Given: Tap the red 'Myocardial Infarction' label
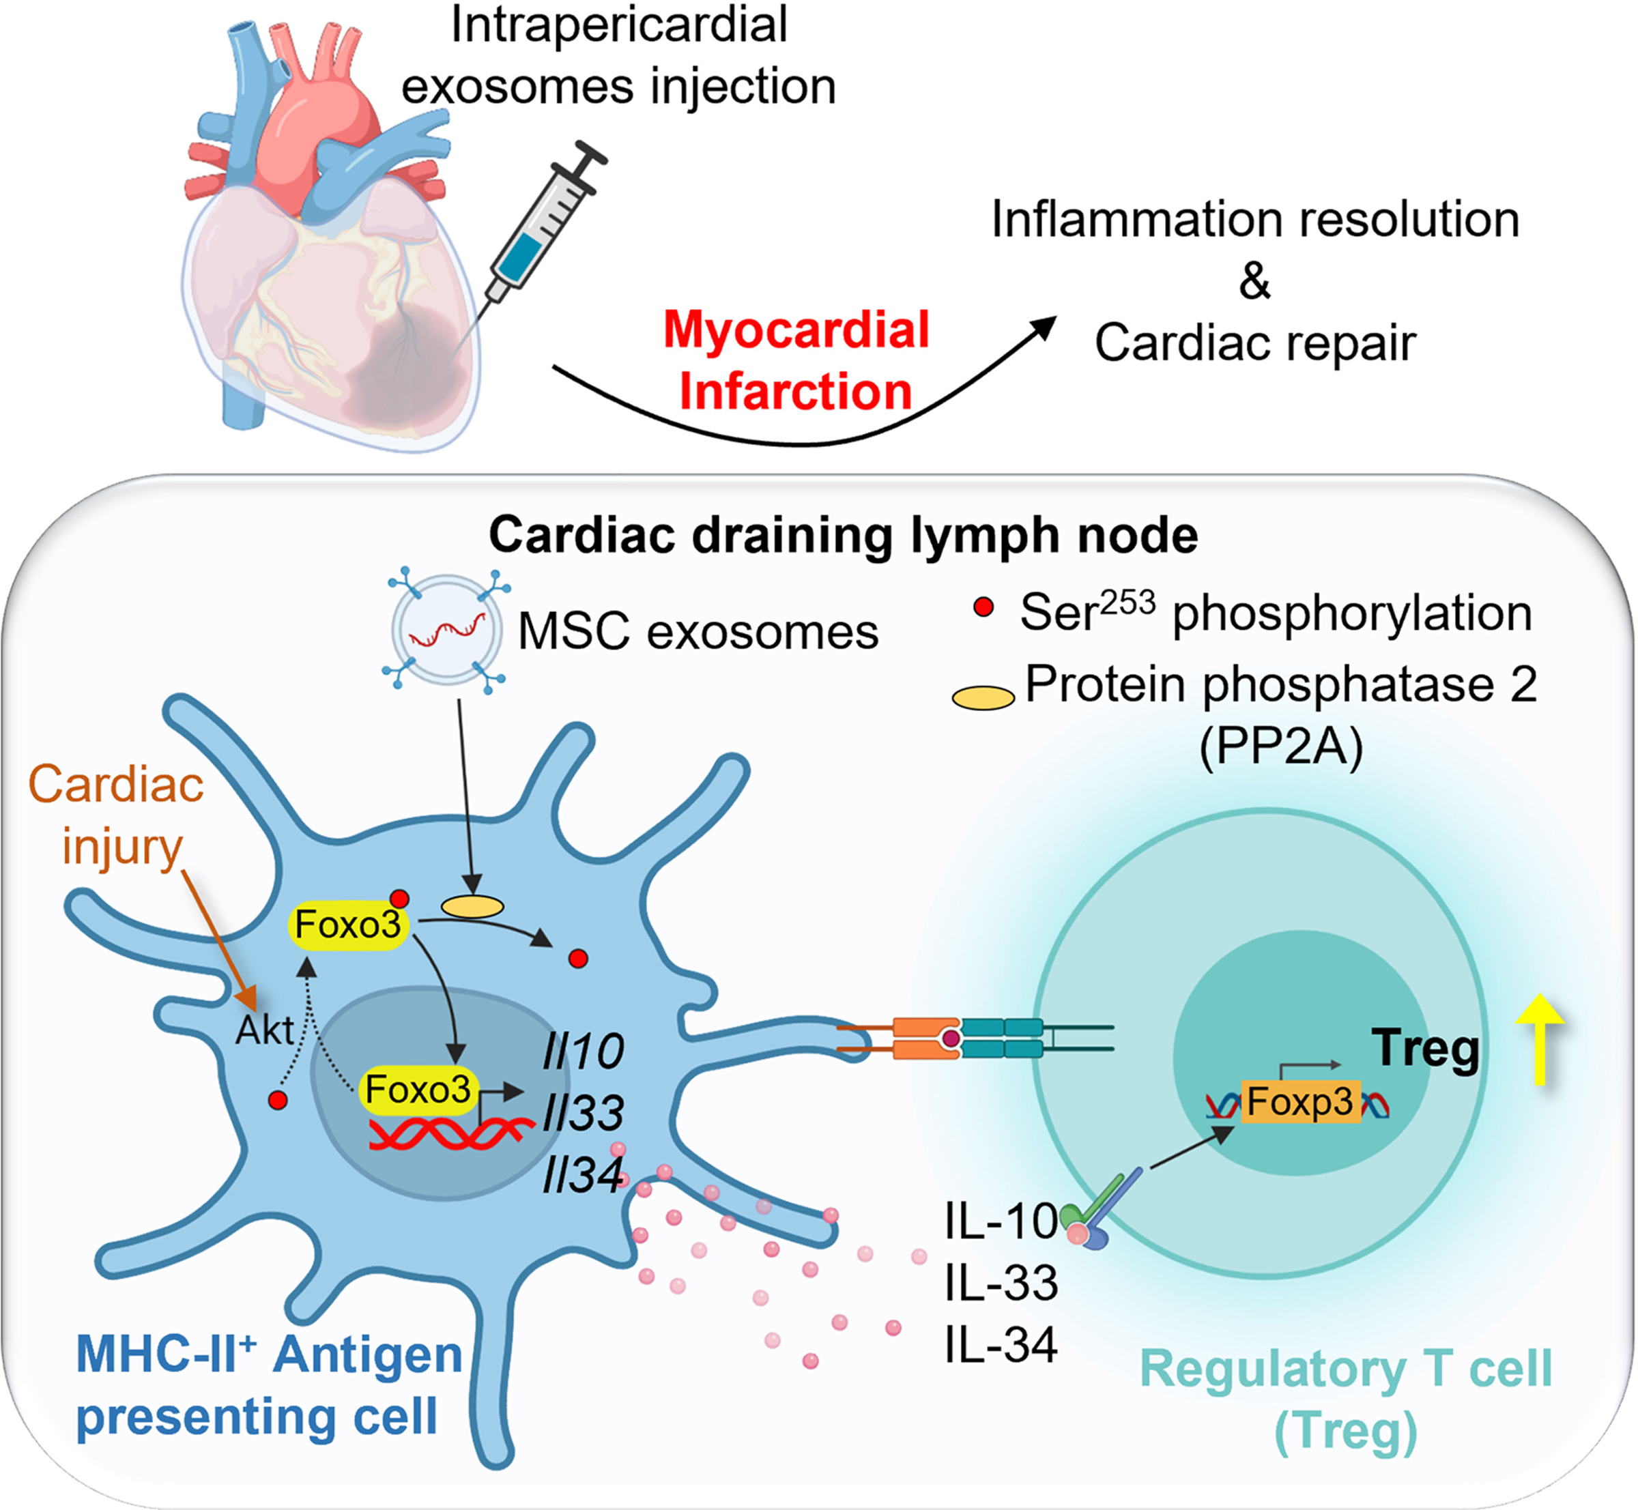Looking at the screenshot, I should [x=796, y=360].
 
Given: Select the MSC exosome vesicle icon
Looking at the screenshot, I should [x=446, y=629].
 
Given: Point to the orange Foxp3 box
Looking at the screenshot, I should [x=1299, y=1102].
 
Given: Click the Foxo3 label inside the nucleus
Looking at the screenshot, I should [x=418, y=1089].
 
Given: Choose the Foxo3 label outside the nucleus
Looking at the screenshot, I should [x=347, y=924].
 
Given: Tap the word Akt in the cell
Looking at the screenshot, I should [x=264, y=1030].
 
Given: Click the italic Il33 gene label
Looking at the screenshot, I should [x=583, y=1112].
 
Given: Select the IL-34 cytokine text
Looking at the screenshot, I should [x=1001, y=1344].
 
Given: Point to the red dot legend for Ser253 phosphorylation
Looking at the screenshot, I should [x=983, y=607].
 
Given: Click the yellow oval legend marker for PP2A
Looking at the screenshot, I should [x=983, y=698].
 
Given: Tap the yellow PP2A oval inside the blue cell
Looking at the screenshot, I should [x=472, y=905].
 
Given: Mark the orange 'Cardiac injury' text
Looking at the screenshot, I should [x=116, y=815].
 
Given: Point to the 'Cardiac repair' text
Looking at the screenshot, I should [x=1254, y=343].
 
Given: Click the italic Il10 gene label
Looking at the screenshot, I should [x=583, y=1051].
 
